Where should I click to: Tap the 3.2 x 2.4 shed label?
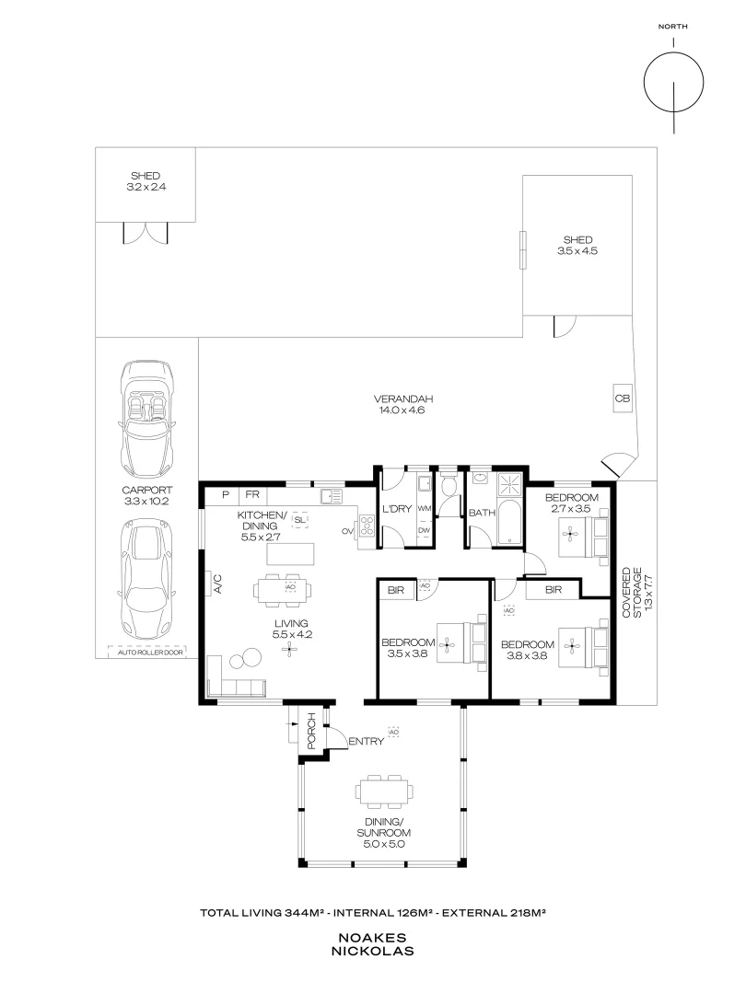point(146,181)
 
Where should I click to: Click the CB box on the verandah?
point(622,398)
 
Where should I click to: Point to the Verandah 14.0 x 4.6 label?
point(403,405)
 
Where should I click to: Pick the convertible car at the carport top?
point(146,414)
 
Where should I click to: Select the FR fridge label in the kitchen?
point(251,495)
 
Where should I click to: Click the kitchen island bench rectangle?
point(289,554)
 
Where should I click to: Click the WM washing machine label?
point(425,508)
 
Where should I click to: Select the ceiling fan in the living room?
point(290,650)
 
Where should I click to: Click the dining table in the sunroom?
point(383,792)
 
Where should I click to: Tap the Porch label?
point(311,731)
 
